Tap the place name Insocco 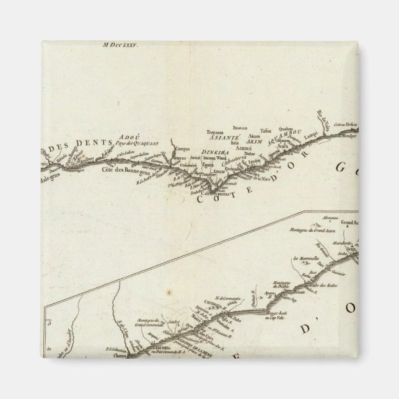pyautogui.click(x=240, y=127)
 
